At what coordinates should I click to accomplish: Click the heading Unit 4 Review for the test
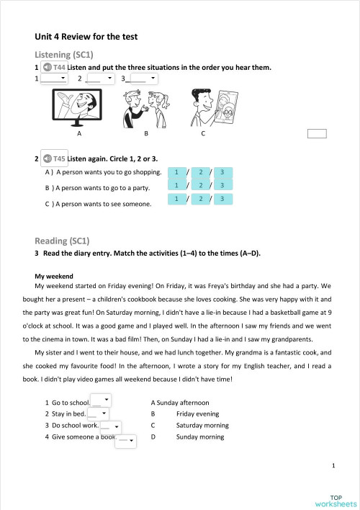point(86,36)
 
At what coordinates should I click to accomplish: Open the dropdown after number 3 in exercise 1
point(143,78)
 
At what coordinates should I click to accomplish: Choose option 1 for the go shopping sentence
point(176,172)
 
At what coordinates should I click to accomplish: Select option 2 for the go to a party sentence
point(201,186)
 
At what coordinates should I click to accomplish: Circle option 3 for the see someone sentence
point(223,199)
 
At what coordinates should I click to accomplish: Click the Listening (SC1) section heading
point(64,55)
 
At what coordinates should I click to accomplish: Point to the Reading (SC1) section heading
point(62,240)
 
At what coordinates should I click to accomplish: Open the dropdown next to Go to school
point(102,401)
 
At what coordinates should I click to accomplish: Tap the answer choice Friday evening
point(198,414)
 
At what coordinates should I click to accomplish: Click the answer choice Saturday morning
point(202,425)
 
